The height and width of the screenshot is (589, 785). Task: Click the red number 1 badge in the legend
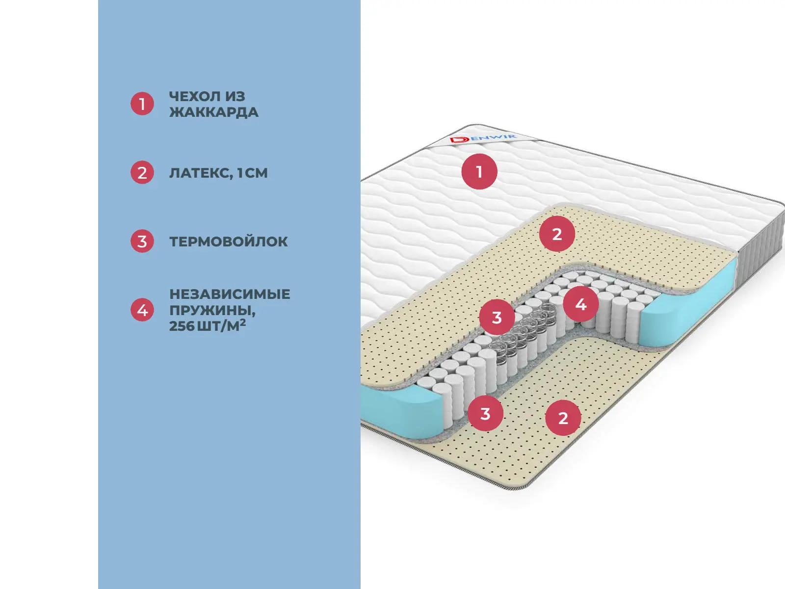click(x=142, y=104)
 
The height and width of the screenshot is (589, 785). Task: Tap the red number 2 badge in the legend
click(x=142, y=173)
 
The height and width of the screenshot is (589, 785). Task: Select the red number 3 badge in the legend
click(x=142, y=241)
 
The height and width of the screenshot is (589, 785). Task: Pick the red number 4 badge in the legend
click(x=142, y=310)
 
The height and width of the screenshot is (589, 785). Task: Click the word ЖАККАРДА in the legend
click(x=213, y=112)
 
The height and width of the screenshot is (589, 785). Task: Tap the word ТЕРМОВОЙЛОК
click(x=229, y=241)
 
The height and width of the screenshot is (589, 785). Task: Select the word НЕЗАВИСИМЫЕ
click(x=230, y=294)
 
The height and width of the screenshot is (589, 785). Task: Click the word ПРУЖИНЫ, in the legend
click(x=212, y=310)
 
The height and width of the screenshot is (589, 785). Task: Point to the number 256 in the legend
click(x=182, y=326)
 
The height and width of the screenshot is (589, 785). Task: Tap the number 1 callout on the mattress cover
click(x=479, y=172)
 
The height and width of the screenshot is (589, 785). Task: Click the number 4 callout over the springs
click(x=581, y=304)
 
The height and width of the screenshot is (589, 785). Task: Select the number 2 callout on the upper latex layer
click(x=557, y=234)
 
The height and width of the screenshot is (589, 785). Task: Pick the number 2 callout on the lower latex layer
click(x=563, y=418)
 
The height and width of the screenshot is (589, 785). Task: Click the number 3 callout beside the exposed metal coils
click(x=497, y=318)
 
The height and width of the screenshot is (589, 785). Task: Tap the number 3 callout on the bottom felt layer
click(x=485, y=413)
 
